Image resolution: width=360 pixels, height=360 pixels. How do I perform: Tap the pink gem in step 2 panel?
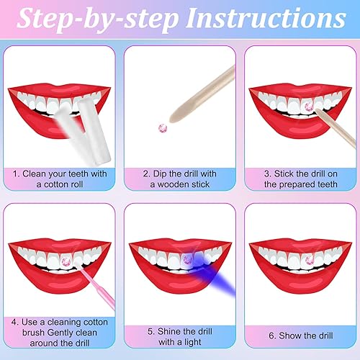[163, 127]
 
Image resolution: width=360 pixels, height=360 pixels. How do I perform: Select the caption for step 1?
[60, 178]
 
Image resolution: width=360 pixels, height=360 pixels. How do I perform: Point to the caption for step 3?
[300, 178]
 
